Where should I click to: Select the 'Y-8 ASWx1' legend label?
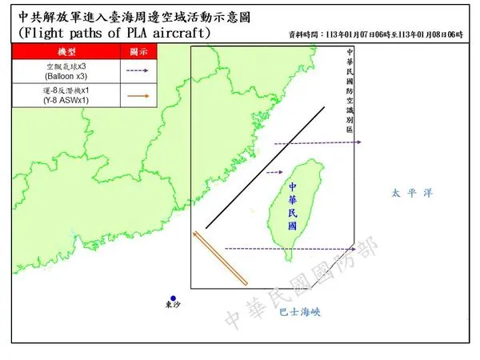[x=61, y=99]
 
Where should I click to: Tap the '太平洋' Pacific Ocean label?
[x=409, y=193]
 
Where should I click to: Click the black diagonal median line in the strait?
[x=265, y=167]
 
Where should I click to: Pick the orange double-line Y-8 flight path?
[x=221, y=258]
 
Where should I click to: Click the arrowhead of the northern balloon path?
[x=359, y=142]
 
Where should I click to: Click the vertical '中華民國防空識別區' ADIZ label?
[x=349, y=90]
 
